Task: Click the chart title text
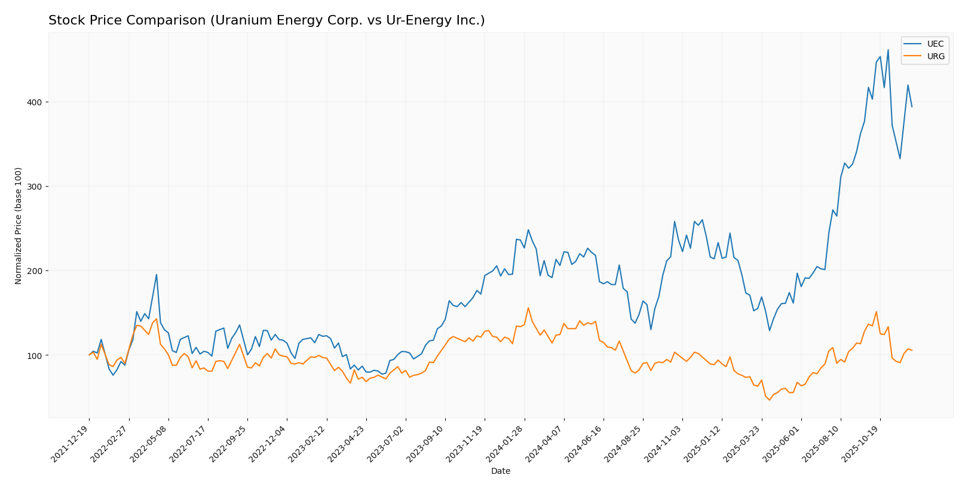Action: [266, 20]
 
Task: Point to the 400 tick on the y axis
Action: [34, 102]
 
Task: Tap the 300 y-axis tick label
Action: [34, 187]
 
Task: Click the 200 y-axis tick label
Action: [34, 271]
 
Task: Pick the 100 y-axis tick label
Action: [34, 355]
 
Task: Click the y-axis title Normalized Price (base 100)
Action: [19, 226]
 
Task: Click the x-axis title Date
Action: [500, 471]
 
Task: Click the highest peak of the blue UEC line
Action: [888, 50]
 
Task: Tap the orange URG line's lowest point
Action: [770, 400]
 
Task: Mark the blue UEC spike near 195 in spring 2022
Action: [157, 275]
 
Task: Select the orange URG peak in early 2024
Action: [528, 308]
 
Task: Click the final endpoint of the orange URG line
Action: [912, 350]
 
